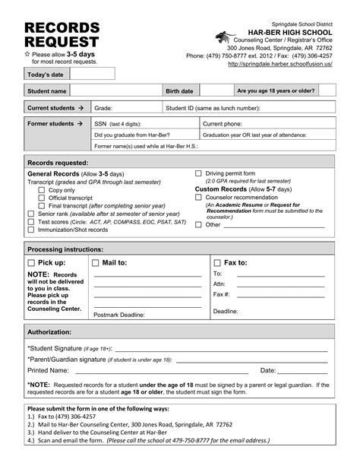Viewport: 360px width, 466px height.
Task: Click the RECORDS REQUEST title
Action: click(62, 35)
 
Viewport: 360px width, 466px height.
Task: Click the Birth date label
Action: click(181, 91)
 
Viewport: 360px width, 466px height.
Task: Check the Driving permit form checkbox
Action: click(198, 174)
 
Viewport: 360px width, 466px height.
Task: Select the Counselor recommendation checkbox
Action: click(198, 197)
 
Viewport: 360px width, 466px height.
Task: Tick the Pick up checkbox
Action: click(31, 262)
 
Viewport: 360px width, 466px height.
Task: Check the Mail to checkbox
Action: click(96, 262)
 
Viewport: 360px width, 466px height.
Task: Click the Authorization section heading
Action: click(49, 332)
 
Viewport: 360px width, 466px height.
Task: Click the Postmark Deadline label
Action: click(119, 313)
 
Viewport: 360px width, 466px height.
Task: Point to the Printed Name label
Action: click(48, 370)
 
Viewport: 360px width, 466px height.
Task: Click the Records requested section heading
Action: click(58, 163)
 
